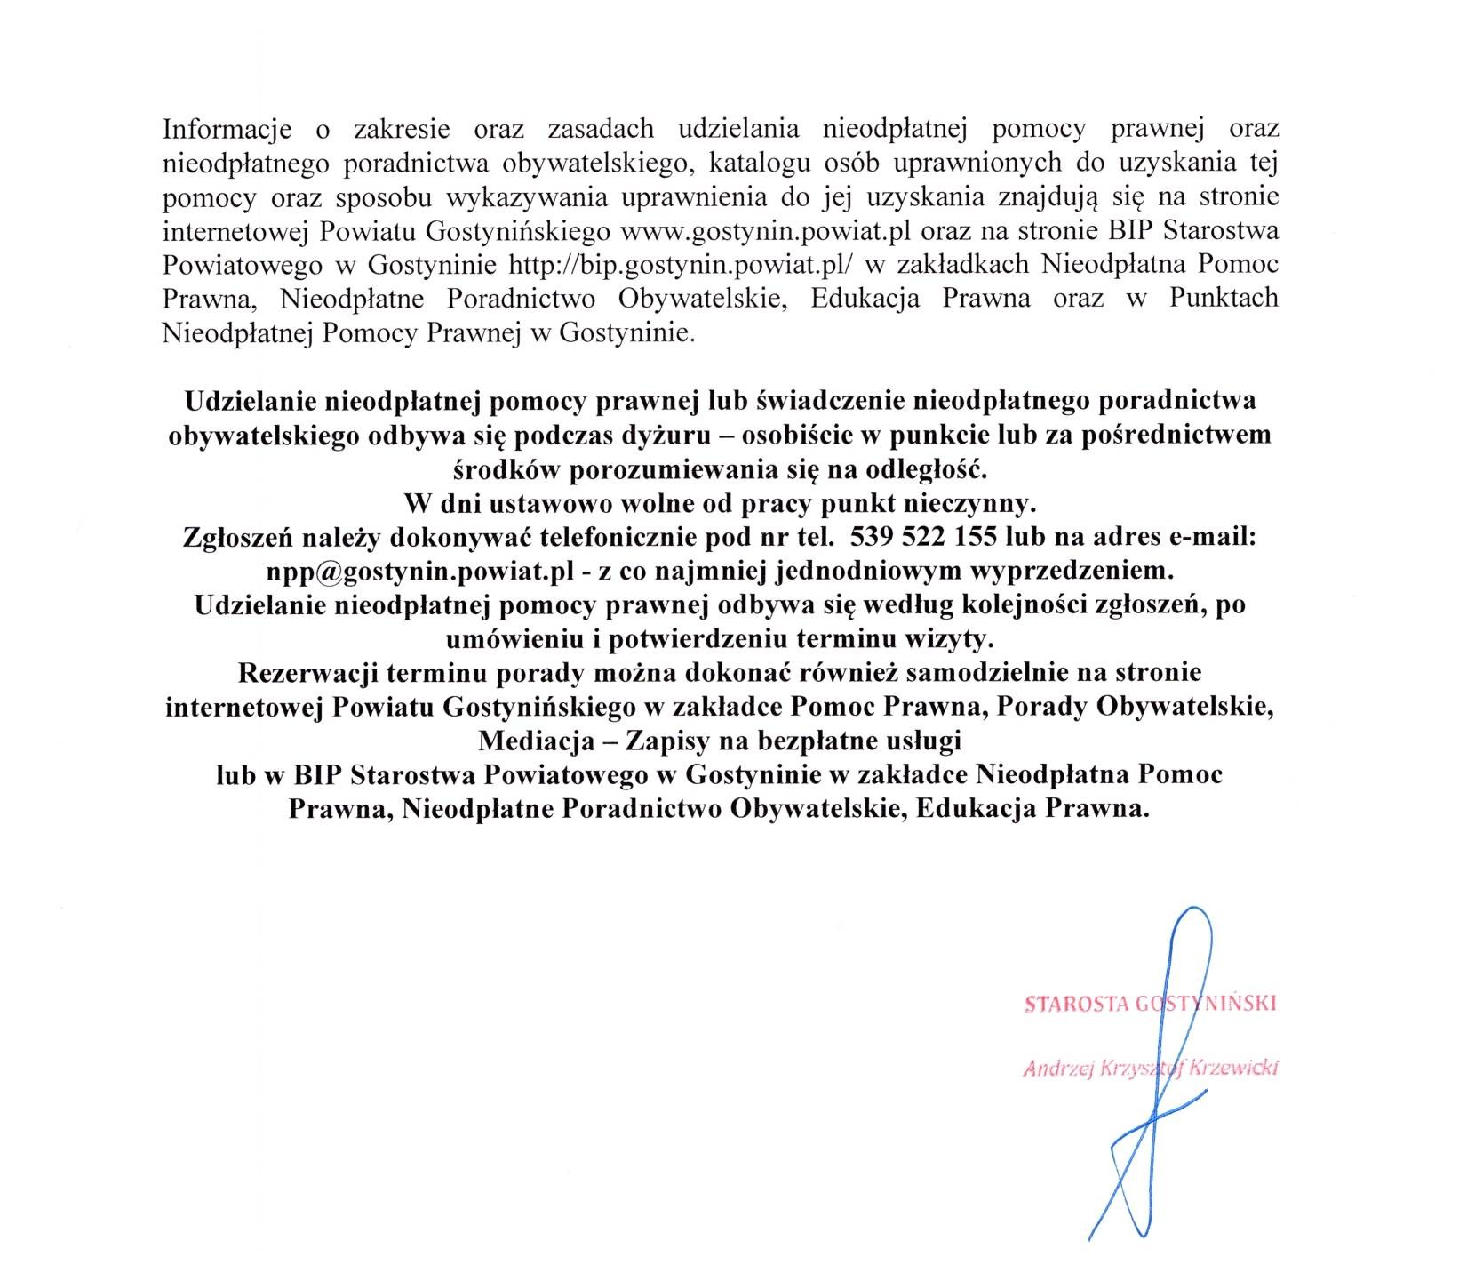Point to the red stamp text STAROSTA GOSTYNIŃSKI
click(1150, 1004)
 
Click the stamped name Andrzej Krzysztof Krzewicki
click(1150, 1069)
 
